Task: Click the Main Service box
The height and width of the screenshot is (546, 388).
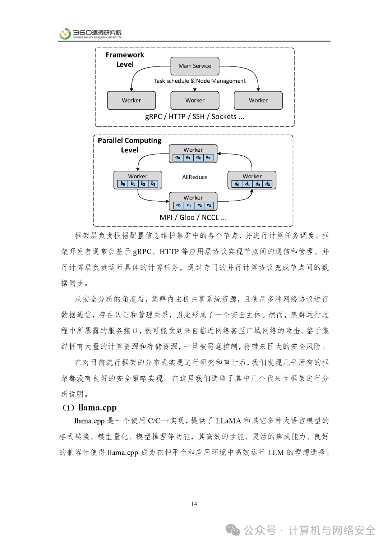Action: (x=195, y=66)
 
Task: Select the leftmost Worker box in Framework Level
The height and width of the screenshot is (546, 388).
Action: (x=131, y=100)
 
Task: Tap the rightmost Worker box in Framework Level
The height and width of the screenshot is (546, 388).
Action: (x=258, y=100)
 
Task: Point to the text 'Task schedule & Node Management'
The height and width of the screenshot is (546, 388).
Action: (x=199, y=81)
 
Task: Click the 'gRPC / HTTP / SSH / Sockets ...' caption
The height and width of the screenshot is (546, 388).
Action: (x=195, y=117)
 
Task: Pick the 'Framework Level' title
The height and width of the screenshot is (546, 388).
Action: (x=125, y=60)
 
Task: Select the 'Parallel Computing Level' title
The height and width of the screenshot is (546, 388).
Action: (x=129, y=145)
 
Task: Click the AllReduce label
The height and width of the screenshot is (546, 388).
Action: (x=195, y=177)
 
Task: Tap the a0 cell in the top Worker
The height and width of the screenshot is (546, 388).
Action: (x=178, y=157)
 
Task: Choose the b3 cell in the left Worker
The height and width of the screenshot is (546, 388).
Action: (x=153, y=184)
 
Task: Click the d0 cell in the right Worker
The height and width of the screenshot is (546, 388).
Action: (x=237, y=184)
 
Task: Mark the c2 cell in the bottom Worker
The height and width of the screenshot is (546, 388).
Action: (x=199, y=205)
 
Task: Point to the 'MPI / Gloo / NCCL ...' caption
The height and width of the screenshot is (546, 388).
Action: (x=193, y=217)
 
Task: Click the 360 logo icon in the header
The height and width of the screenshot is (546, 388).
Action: (x=65, y=34)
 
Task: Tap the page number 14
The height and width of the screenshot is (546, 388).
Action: (x=194, y=504)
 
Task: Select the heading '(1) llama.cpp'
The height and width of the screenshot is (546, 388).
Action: (x=89, y=408)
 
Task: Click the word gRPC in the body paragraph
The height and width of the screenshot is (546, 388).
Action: (x=142, y=252)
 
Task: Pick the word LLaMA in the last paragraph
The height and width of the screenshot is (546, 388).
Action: (x=228, y=421)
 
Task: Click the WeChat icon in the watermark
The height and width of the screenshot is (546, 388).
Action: (x=233, y=530)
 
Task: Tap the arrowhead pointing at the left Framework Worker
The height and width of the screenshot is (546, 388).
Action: (x=131, y=90)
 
